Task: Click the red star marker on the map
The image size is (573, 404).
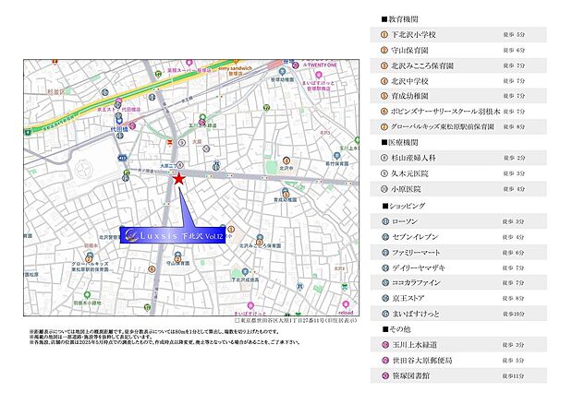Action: point(178,179)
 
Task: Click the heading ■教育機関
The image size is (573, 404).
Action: point(401,18)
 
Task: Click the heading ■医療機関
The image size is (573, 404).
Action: point(401,142)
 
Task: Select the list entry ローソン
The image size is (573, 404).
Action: point(406,221)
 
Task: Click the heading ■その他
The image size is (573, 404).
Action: point(396,329)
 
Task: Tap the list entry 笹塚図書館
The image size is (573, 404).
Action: point(412,376)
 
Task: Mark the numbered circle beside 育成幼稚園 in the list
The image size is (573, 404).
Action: point(384,96)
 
